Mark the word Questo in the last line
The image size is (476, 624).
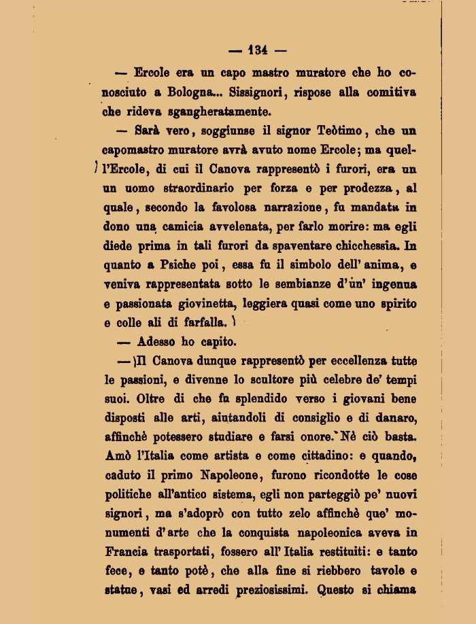pyautogui.click(x=338, y=590)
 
